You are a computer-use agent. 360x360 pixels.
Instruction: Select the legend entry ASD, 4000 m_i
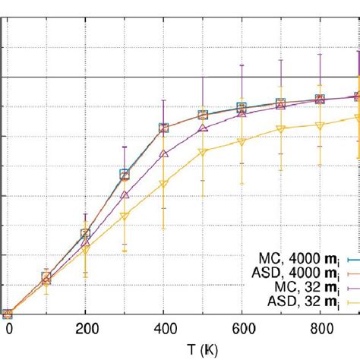(x=296, y=271)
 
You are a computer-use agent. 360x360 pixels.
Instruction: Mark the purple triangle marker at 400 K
(x=163, y=153)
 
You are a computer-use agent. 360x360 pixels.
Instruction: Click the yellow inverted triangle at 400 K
(x=163, y=184)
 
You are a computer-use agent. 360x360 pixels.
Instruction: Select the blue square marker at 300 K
(x=125, y=175)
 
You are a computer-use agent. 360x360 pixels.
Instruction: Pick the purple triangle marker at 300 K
(x=125, y=195)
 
